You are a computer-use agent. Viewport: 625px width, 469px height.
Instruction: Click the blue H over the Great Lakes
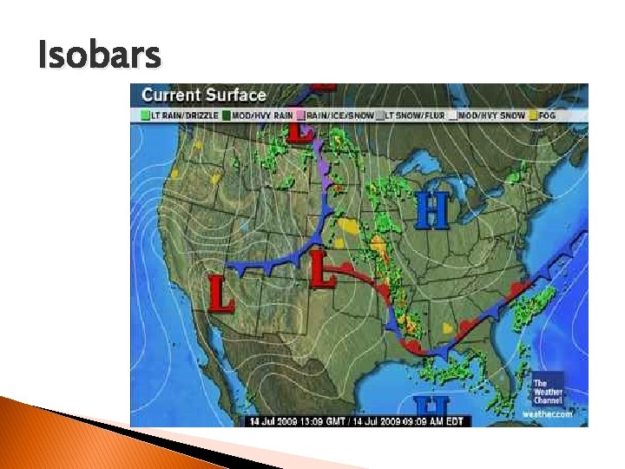[x=431, y=211]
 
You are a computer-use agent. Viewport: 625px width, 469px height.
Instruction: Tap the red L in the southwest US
[x=221, y=293]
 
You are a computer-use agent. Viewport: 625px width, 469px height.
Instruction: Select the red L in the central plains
[x=323, y=270]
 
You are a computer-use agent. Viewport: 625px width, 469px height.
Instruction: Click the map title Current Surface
[x=204, y=94]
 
